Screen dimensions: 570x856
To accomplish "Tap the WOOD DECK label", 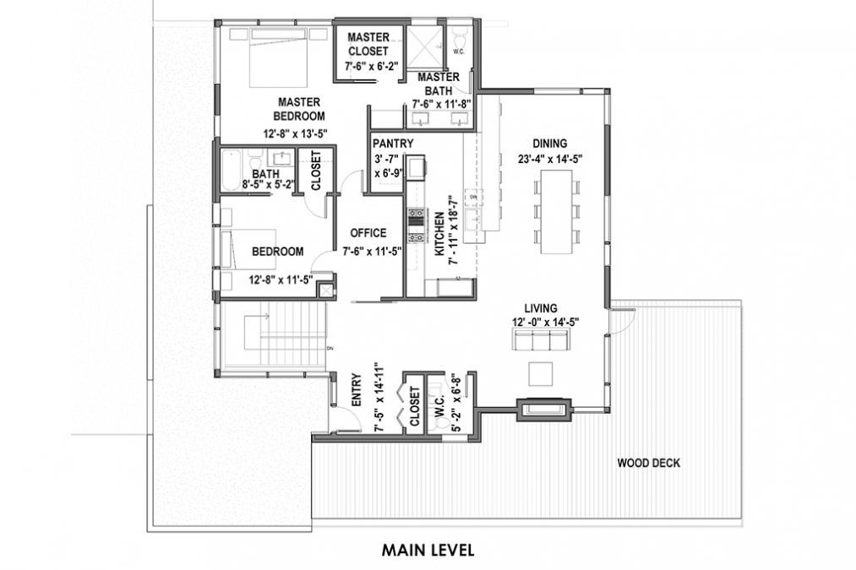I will coord(648,463).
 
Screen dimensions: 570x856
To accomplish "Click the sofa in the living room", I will coord(540,339).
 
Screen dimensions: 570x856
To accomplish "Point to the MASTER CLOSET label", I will coord(368,44).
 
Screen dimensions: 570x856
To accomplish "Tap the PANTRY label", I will coord(392,144).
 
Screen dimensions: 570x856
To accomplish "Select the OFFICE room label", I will coord(368,233).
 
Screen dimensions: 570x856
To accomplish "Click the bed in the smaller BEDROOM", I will coord(244,251).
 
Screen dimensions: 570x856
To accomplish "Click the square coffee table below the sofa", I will coord(540,372).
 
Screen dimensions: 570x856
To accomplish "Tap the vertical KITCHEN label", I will coord(439,234).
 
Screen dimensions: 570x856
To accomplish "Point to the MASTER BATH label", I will coord(438,83).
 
